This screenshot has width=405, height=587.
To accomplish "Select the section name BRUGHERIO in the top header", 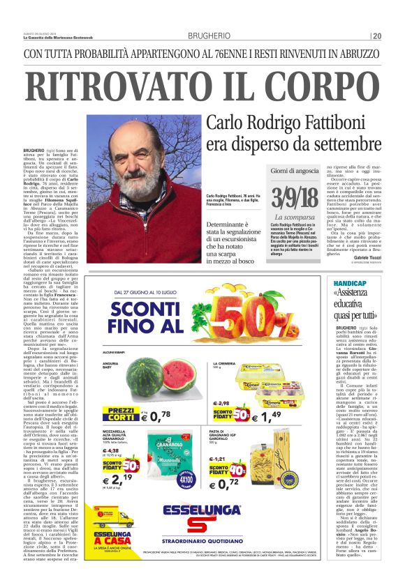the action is coord(209,36).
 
